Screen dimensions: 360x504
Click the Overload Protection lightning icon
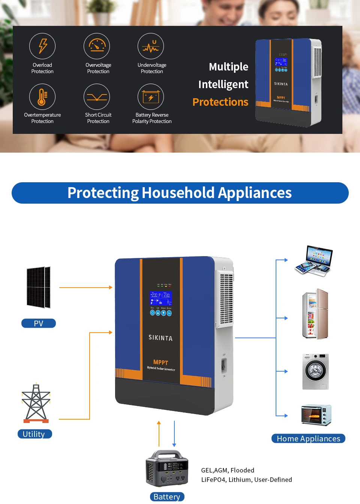coord(42,46)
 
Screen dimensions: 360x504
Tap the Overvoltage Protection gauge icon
coord(97,46)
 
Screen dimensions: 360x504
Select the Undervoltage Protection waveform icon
coord(151,46)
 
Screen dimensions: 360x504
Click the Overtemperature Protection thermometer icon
coord(42,97)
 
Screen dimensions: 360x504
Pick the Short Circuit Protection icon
coord(97,97)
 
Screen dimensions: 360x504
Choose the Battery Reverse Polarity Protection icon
coord(151,97)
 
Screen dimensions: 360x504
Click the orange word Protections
coord(220,102)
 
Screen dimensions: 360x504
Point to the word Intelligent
coord(223,84)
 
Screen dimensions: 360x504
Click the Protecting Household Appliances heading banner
coord(180,193)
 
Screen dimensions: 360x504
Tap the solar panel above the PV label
coord(38,287)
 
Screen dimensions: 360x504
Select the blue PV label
coord(39,323)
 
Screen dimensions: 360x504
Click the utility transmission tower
coord(36,403)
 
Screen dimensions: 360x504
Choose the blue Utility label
coord(34,434)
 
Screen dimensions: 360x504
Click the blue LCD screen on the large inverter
coord(161,298)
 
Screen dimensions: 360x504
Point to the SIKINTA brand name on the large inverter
coord(160,337)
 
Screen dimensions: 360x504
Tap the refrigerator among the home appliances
coord(315,314)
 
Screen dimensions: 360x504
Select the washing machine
coord(315,371)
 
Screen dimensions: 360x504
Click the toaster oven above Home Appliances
coord(316,415)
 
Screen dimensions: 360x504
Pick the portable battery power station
coord(167,469)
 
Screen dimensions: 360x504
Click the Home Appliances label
coord(308,438)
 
